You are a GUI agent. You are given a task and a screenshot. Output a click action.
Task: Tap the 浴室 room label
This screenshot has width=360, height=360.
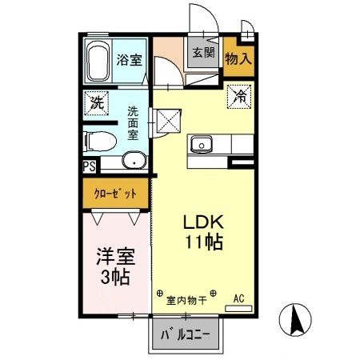(129, 59)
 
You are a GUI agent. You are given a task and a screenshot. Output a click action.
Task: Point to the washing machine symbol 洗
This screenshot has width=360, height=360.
(96, 102)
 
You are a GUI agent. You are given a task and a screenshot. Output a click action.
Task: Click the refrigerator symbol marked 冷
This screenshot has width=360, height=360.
(239, 95)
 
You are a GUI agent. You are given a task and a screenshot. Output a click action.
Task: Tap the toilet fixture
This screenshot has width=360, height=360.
(100, 141)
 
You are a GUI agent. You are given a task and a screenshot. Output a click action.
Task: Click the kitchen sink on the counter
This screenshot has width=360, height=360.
(200, 145)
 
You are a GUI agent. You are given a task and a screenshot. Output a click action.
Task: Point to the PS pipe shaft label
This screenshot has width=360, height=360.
(89, 168)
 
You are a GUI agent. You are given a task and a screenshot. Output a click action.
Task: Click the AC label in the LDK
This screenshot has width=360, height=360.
(238, 298)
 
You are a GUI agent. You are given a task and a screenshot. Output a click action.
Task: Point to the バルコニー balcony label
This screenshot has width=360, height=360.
(186, 333)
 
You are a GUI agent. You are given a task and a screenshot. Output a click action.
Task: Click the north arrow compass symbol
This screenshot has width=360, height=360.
(296, 322)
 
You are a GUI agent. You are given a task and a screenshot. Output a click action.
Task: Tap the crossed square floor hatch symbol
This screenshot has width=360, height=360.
(170, 121)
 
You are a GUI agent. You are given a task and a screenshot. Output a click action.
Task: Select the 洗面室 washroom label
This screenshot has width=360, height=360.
(133, 125)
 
